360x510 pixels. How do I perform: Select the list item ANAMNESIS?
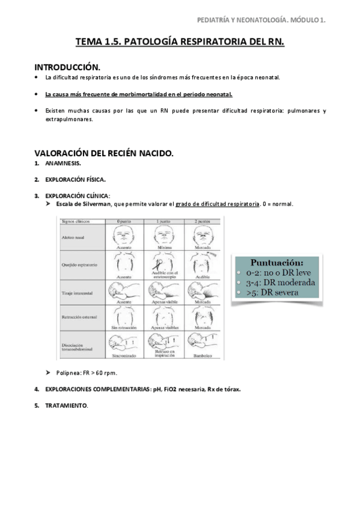(x=63, y=164)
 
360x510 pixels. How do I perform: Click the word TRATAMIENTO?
(x=66, y=405)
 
